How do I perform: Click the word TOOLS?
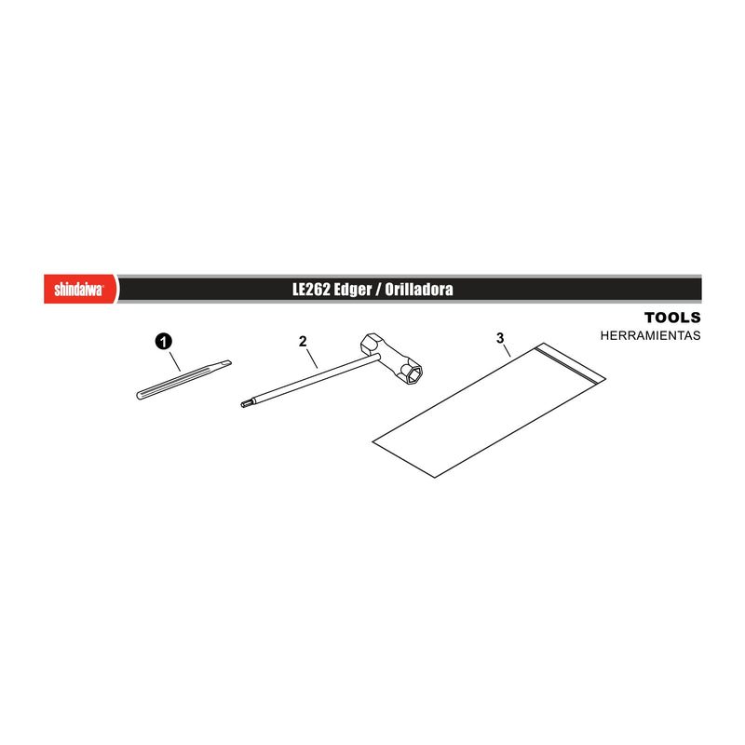coord(672,318)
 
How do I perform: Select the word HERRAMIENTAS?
coord(650,335)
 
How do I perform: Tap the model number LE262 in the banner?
coord(311,289)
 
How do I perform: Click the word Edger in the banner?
coord(353,290)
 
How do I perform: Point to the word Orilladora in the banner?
coord(418,289)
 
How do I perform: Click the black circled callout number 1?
coord(164,342)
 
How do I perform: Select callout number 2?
coord(303,341)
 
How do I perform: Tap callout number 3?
coord(500,338)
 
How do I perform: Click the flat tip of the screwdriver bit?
coord(228,363)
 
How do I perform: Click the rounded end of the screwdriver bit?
coord(139,395)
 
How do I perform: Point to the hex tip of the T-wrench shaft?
coord(244,404)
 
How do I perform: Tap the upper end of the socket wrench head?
coord(370,340)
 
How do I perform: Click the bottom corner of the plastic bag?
coord(435,477)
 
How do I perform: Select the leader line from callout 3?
coord(507,351)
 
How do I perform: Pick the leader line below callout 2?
coord(312,359)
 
